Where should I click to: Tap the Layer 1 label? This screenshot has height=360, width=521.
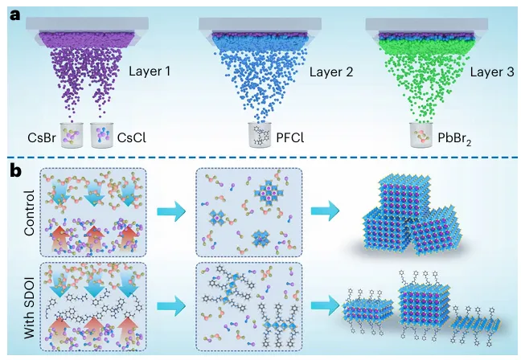coord(152,72)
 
